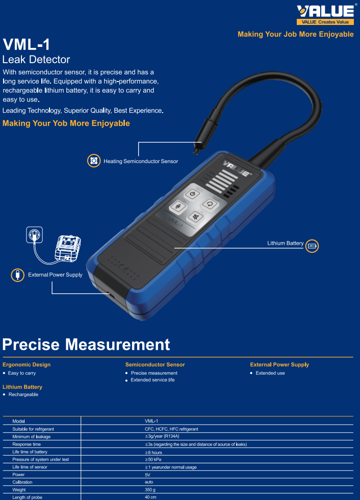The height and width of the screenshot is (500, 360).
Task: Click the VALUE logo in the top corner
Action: coord(325,14)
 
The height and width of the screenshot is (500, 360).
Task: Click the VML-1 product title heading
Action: coord(27,44)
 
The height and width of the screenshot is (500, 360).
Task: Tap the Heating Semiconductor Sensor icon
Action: coord(93,161)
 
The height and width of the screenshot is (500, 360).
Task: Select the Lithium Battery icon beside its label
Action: coord(312,245)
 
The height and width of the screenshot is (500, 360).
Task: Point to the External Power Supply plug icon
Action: coord(17,275)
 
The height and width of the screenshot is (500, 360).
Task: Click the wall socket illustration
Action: coord(34,235)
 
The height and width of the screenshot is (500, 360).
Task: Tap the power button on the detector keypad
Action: coord(192,194)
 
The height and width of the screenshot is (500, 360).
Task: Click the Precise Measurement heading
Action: coord(86,345)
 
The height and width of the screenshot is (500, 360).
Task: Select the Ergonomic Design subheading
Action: coord(27,364)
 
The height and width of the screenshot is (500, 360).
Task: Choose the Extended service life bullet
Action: coord(152,380)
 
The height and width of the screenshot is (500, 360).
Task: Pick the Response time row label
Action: coord(27,444)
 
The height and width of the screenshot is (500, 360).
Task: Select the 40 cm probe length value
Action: coord(150,497)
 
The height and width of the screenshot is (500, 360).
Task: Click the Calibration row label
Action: coord(22,482)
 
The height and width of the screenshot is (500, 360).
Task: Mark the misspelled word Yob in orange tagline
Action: coord(60,123)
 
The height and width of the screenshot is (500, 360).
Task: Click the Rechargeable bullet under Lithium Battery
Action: coord(23,394)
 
